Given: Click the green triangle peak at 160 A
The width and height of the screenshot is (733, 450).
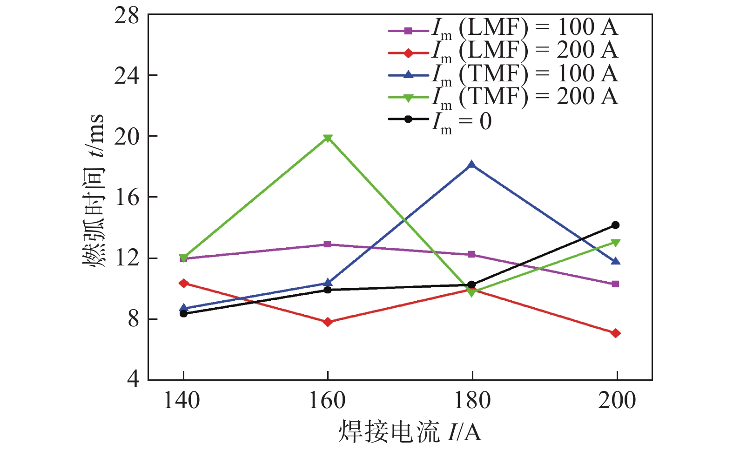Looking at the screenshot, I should (x=328, y=138).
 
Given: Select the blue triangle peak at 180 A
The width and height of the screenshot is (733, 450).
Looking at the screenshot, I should (x=471, y=165).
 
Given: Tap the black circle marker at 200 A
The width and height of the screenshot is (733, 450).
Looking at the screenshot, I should (x=615, y=225).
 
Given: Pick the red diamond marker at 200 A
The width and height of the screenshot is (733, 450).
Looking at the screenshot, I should (x=615, y=333).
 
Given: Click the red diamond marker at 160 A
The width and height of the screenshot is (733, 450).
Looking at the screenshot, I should (x=328, y=322).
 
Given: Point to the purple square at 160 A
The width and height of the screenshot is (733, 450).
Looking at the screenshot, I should (x=328, y=244).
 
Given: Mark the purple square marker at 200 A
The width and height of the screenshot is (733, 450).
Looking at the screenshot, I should (x=615, y=284).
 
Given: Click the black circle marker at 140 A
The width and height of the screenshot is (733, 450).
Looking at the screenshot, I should (x=183, y=314).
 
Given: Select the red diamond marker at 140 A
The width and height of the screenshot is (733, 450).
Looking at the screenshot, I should (x=183, y=283).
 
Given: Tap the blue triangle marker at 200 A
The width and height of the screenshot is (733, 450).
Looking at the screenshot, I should (x=615, y=262).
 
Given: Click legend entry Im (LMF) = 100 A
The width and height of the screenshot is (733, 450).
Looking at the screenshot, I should (x=503, y=28).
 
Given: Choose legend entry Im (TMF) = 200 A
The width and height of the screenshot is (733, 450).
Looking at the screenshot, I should (x=503, y=97).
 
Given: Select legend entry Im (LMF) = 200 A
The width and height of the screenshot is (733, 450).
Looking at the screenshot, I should (x=503, y=51).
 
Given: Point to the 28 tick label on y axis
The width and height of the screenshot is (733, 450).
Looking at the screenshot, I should (x=127, y=16).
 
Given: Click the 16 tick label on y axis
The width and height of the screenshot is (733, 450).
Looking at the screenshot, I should (x=127, y=197).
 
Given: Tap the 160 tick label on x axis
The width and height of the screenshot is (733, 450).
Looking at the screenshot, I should (x=328, y=401).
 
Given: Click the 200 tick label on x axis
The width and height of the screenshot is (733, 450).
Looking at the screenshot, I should (x=617, y=401).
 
